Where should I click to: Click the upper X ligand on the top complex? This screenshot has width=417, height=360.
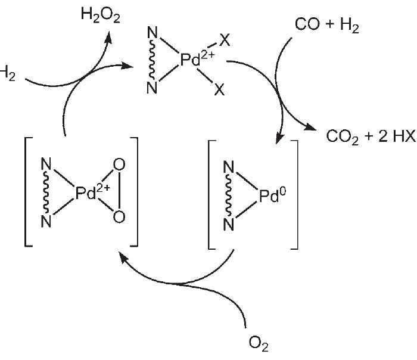[x=225, y=39]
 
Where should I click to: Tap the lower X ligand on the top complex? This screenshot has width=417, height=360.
[x=219, y=90]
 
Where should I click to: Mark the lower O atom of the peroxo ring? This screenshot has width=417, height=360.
[x=119, y=217]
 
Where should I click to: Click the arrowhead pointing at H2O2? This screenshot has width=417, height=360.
[x=110, y=37]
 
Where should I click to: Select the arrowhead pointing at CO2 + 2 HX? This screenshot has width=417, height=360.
[x=313, y=129]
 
